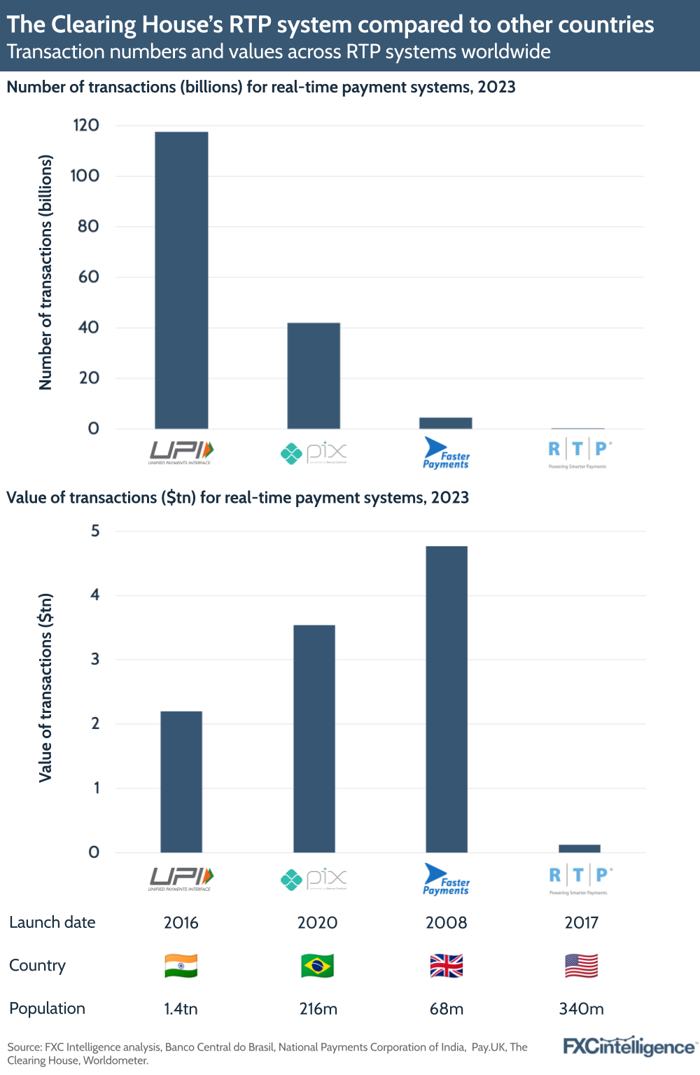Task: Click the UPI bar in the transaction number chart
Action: click(x=181, y=280)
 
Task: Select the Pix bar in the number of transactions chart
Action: click(x=314, y=375)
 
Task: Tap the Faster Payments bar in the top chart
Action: click(x=445, y=423)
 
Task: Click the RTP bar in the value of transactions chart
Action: click(x=579, y=849)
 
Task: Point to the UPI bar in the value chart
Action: click(x=181, y=782)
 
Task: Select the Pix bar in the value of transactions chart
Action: click(x=314, y=738)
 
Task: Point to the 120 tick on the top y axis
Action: click(x=86, y=125)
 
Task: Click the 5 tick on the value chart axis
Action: click(x=95, y=531)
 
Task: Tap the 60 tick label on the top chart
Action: click(x=89, y=277)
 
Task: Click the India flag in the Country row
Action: click(x=181, y=966)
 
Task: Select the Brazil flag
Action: click(x=317, y=966)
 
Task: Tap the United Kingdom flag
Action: click(x=447, y=966)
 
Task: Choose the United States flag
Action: click(x=582, y=966)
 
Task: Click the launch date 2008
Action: click(x=447, y=922)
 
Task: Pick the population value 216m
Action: click(x=318, y=1008)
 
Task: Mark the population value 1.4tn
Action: click(x=181, y=1008)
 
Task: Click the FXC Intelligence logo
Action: click(x=629, y=1046)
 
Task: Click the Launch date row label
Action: click(x=52, y=922)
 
